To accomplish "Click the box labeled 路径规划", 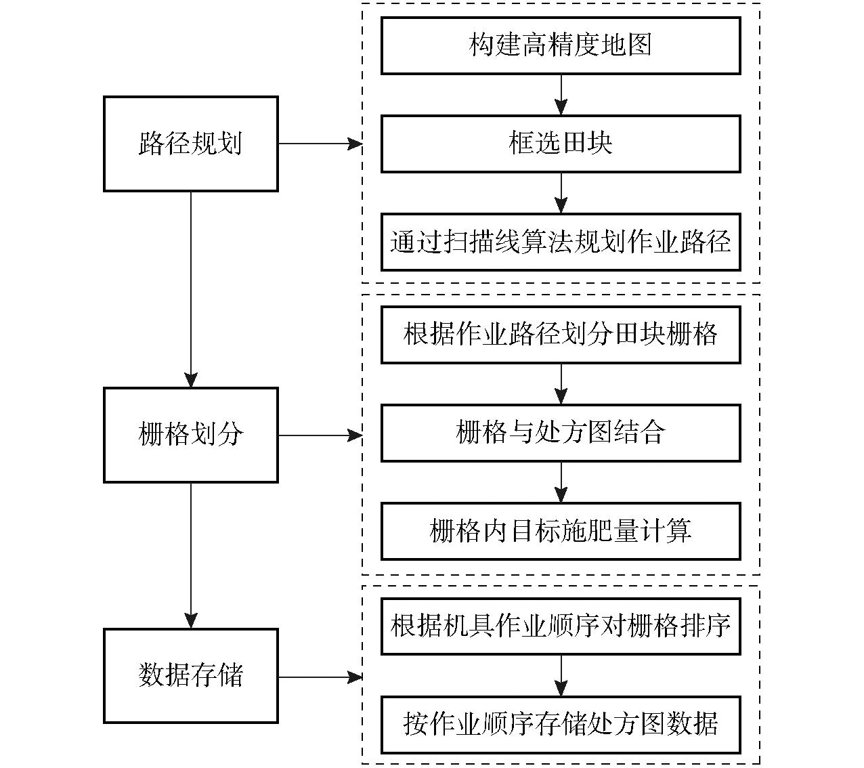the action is [x=191, y=144].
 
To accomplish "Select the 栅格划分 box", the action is [x=191, y=435].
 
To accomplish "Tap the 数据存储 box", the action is [x=191, y=675].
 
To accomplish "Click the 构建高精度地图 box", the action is [x=561, y=45].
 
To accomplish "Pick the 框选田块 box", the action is [x=561, y=144].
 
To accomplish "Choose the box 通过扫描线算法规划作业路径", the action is [x=561, y=242].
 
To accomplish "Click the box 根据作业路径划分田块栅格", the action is [x=561, y=335].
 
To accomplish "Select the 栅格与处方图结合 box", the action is [x=561, y=433].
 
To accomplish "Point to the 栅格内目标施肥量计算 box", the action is [x=561, y=531].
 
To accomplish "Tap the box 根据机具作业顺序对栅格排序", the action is [x=561, y=626].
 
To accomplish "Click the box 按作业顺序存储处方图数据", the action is [x=561, y=725].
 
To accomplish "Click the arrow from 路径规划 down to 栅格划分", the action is [x=191, y=290].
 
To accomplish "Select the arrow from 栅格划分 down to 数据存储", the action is [x=191, y=555].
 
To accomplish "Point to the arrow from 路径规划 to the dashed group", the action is [x=320, y=144].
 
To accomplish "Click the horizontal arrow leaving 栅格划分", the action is [x=320, y=435].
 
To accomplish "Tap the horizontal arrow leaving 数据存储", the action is [x=320, y=677].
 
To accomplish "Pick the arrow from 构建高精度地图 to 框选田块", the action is [x=561, y=95].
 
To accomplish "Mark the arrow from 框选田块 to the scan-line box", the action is [x=561, y=193].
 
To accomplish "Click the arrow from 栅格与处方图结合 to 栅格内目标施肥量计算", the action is [x=561, y=483].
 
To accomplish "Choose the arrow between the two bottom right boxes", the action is [x=561, y=676].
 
